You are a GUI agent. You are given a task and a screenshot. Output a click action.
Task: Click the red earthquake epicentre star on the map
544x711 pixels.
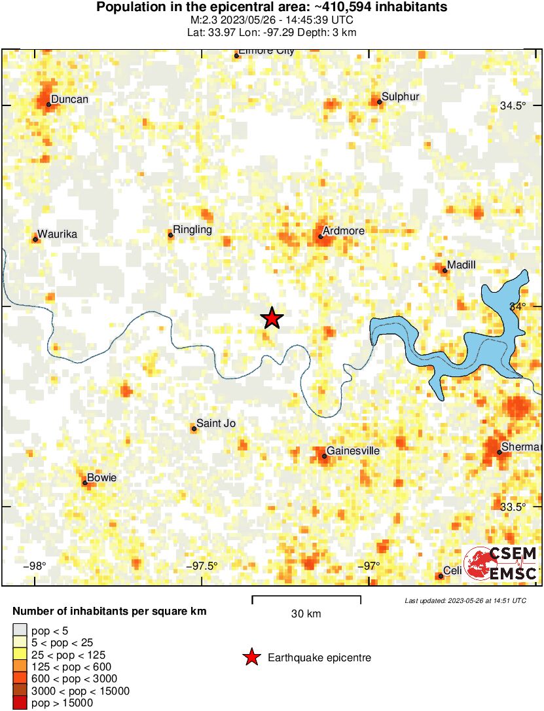[x=272, y=318]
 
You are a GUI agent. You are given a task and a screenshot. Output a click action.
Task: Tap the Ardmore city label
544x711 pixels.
[x=344, y=231]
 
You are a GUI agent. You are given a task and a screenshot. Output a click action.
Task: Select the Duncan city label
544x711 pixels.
[x=69, y=100]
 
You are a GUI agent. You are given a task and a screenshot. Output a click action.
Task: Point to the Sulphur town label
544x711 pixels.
[x=400, y=97]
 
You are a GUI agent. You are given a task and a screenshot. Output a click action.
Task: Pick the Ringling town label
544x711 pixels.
[x=192, y=230]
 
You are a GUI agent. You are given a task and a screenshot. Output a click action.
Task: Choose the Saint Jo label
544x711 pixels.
[x=216, y=424]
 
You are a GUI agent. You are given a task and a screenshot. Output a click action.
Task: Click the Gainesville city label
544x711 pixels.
[x=353, y=451]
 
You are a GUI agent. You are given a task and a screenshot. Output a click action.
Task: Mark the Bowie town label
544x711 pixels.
[x=101, y=478]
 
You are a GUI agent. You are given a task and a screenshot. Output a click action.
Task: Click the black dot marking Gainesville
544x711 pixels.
[x=324, y=456]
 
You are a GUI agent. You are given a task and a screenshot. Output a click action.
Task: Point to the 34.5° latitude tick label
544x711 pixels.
[x=513, y=106]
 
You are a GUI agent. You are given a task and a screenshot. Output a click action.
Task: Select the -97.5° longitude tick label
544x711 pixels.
[x=202, y=566]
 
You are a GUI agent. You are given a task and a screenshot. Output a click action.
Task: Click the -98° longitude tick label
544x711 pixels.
[x=35, y=566]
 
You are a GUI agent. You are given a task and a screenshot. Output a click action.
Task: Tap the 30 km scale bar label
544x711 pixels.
[x=306, y=614]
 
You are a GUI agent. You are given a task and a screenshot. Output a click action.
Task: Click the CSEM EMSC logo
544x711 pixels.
[x=501, y=563]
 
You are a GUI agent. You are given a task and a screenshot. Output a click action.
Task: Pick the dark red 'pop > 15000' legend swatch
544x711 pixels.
[x=20, y=703]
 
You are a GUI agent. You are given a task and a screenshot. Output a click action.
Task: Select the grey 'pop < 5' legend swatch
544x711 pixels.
[x=20, y=630]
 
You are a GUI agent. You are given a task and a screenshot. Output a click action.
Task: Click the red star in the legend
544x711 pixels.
[x=251, y=658]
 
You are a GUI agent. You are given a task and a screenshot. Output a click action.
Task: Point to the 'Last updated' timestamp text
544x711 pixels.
[x=465, y=600]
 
